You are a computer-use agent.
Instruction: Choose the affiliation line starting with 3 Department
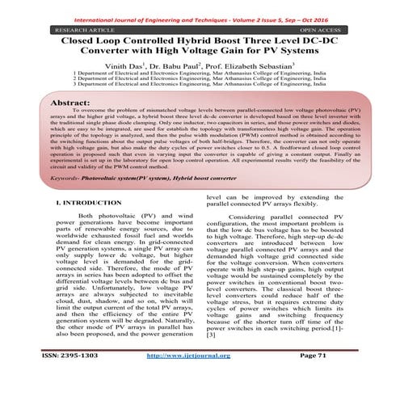200,82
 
